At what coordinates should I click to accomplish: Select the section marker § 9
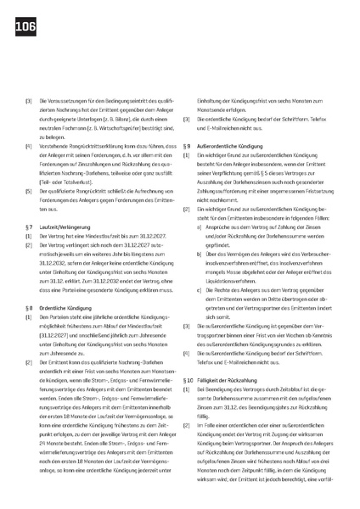(x=188, y=148)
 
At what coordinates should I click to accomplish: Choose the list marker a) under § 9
(x=198, y=203)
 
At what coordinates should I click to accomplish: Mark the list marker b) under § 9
(x=198, y=228)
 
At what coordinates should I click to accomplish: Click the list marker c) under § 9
(x=198, y=267)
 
